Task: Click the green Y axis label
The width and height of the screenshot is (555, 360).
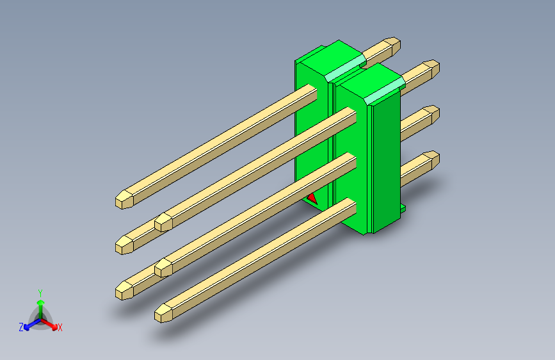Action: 40,292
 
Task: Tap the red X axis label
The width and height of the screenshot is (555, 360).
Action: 60,328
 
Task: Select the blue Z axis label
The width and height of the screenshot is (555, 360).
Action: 21,327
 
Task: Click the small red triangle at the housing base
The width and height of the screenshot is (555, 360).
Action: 312,199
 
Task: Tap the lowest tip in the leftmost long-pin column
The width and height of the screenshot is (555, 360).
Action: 124,291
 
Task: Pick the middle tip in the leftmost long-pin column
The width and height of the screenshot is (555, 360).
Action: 124,243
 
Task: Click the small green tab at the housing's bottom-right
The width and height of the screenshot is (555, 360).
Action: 403,208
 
